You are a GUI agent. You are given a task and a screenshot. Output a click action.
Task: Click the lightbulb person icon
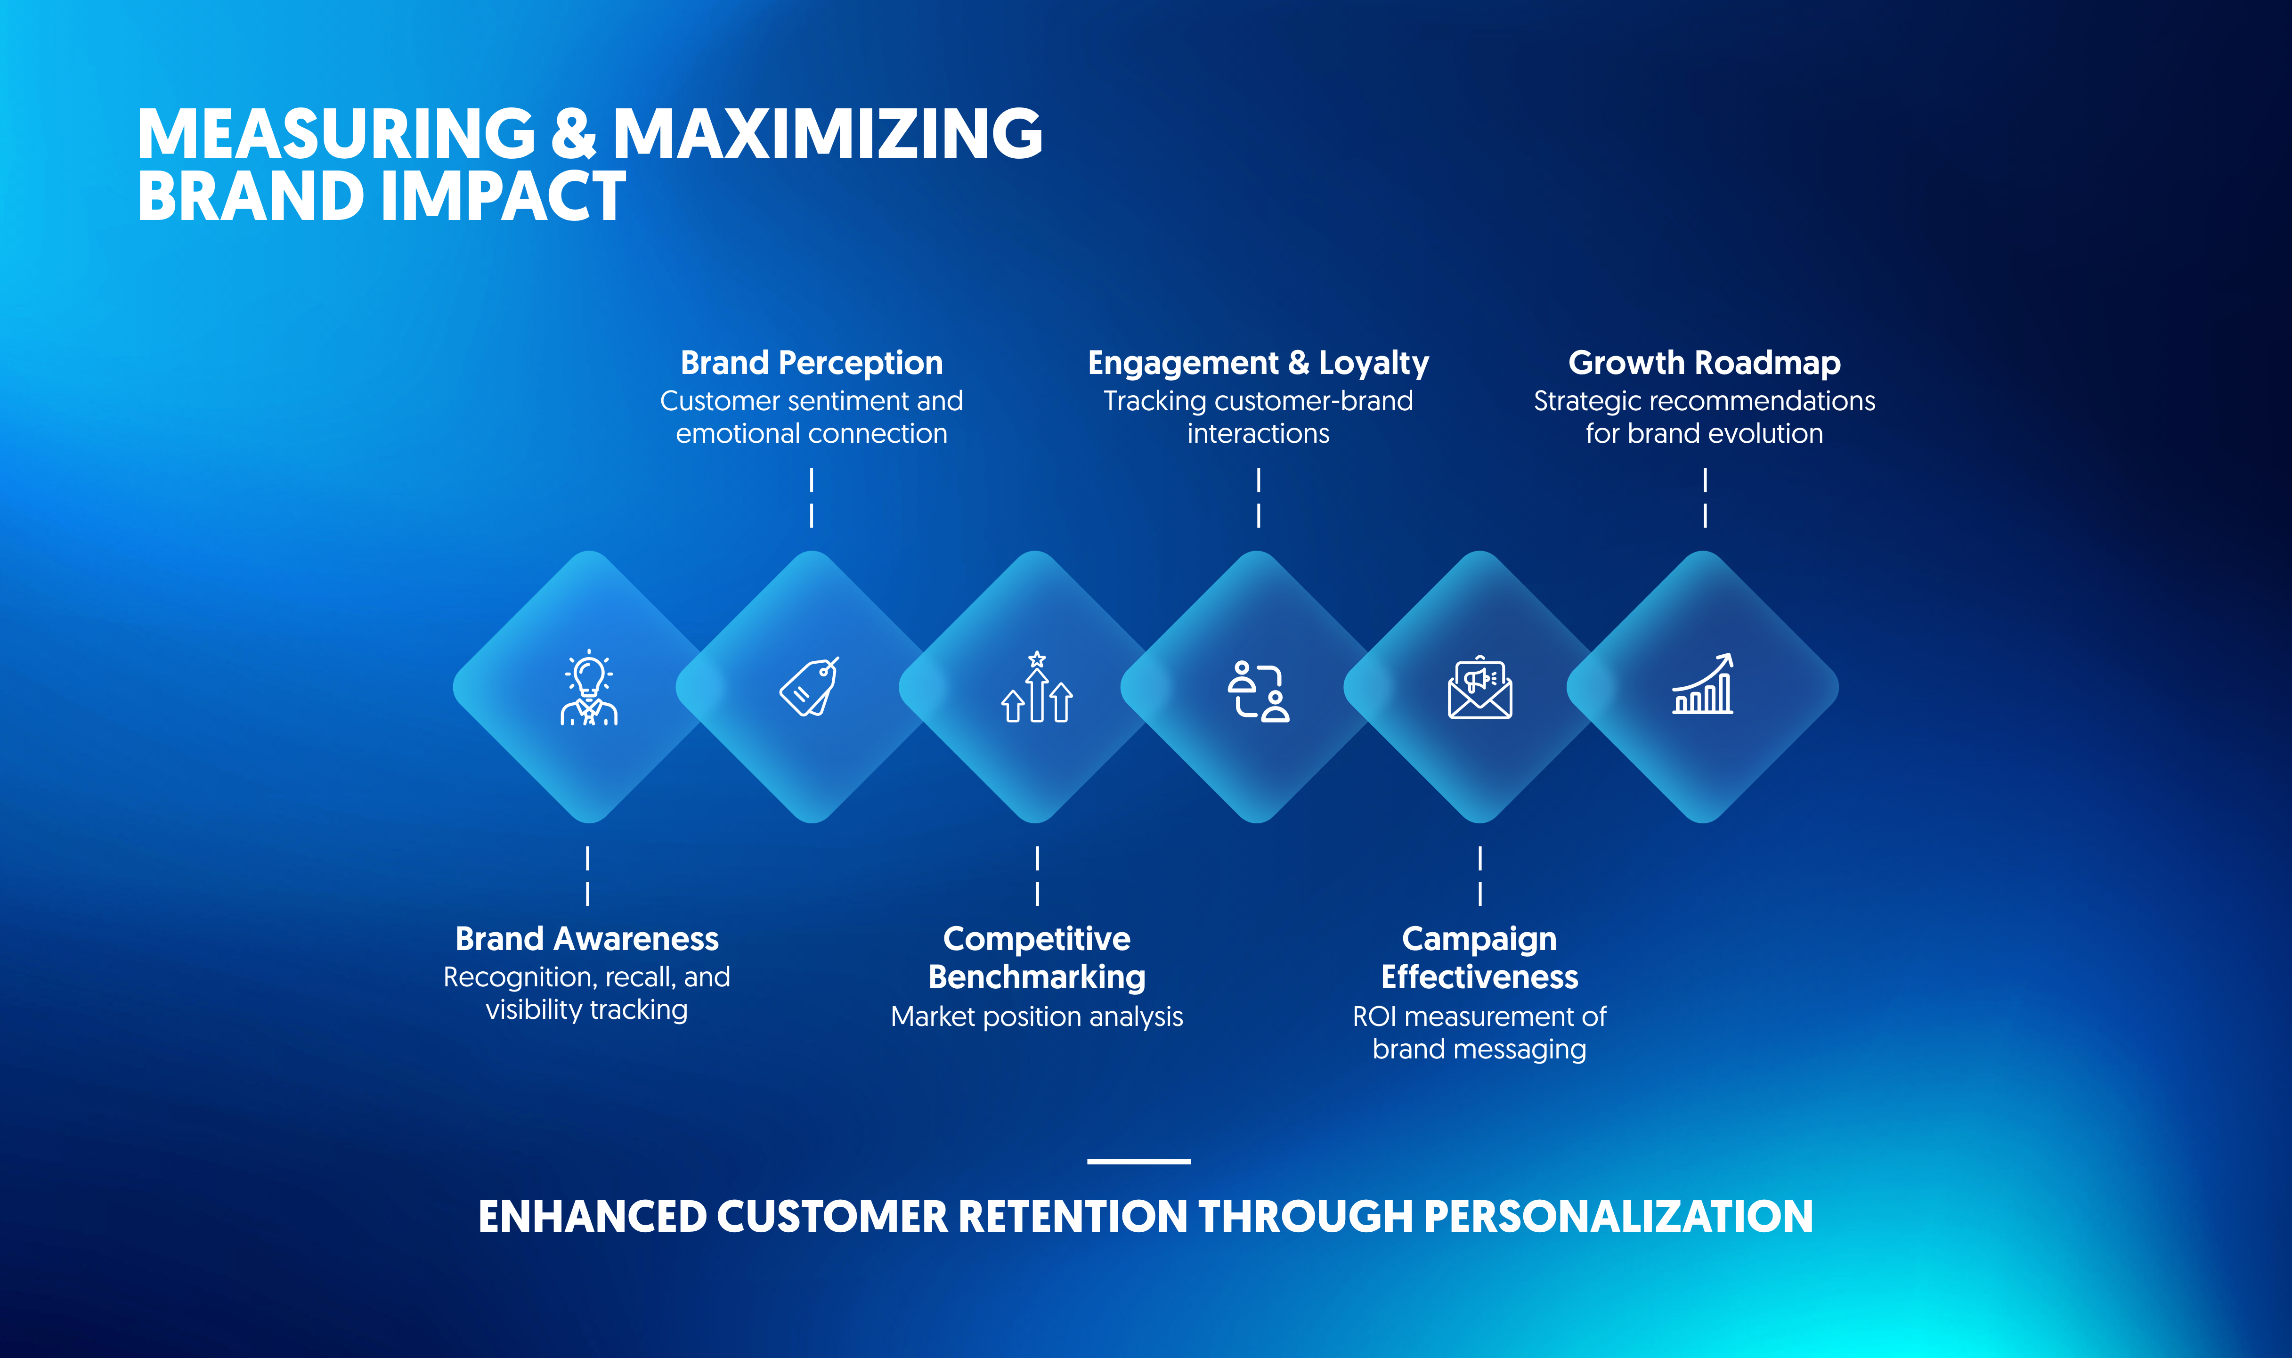pos(588,688)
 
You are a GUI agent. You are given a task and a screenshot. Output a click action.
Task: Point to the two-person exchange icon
pos(1258,691)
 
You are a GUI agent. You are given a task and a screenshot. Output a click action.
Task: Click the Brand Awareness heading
pos(586,939)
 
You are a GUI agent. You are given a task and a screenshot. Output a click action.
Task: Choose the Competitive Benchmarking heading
pos(1037,958)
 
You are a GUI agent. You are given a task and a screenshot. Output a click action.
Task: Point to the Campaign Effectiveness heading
pos(1479,958)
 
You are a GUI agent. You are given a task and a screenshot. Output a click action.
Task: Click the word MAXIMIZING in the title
pos(827,135)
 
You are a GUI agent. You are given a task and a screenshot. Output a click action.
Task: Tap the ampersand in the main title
pos(574,135)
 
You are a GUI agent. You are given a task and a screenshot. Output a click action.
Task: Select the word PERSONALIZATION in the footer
pos(1617,1217)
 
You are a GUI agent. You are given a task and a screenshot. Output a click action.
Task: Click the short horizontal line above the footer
pos(1138,1161)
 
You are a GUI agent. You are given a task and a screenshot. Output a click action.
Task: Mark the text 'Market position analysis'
pos(1037,1016)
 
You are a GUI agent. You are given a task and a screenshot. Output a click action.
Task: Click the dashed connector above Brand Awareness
pos(587,876)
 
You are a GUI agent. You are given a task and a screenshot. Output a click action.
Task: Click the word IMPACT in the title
pos(503,197)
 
